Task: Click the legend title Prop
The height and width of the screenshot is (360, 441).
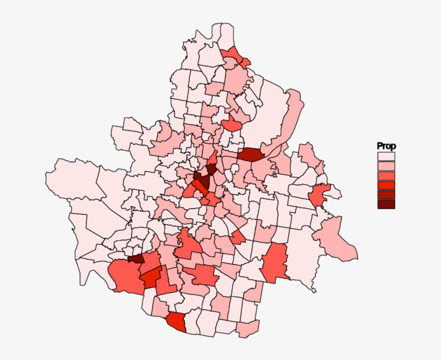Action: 386,146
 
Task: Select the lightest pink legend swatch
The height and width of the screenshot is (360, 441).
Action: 386,156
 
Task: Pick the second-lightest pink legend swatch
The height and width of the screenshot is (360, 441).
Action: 386,166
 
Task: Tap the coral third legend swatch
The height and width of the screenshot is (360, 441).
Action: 386,176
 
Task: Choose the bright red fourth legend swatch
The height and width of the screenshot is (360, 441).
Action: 386,185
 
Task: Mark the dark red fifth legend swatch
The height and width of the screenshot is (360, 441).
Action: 386,195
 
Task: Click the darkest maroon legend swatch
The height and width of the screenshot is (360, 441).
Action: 386,204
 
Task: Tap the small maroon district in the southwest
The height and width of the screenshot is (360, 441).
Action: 137,258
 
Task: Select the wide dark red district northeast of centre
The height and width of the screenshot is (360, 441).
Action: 250,155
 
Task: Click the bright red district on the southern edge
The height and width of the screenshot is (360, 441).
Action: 176,322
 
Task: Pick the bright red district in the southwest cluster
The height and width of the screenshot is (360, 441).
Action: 151,277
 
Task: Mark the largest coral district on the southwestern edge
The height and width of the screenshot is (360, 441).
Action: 125,276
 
